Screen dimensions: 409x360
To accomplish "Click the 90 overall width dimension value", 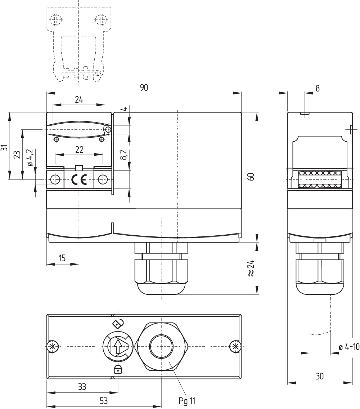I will pos(144,88).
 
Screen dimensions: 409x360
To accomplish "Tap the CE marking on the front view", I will pos(79,179).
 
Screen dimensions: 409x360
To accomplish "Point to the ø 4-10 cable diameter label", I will pos(349,347).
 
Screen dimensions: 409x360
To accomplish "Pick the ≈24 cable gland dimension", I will pos(251,268).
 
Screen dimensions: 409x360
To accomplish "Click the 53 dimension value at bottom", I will pos(103,400).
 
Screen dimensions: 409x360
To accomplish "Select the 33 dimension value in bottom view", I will pos(82,387).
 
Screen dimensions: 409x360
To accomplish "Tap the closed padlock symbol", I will pos(118,369).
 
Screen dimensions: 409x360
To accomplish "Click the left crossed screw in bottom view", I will pos(52,346).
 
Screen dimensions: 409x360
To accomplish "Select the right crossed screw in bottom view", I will pos(235,346).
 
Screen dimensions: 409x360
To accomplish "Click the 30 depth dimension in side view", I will pos(319,377).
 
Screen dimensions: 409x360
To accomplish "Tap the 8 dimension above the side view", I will pos(317,88).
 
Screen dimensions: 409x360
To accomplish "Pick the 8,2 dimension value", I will pos(123,155).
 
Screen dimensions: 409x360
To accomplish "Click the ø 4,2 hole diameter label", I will pos(30,157).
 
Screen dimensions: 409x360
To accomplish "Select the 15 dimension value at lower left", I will pos(62,258).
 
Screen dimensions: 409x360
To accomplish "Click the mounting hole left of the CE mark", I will pos(55,179).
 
